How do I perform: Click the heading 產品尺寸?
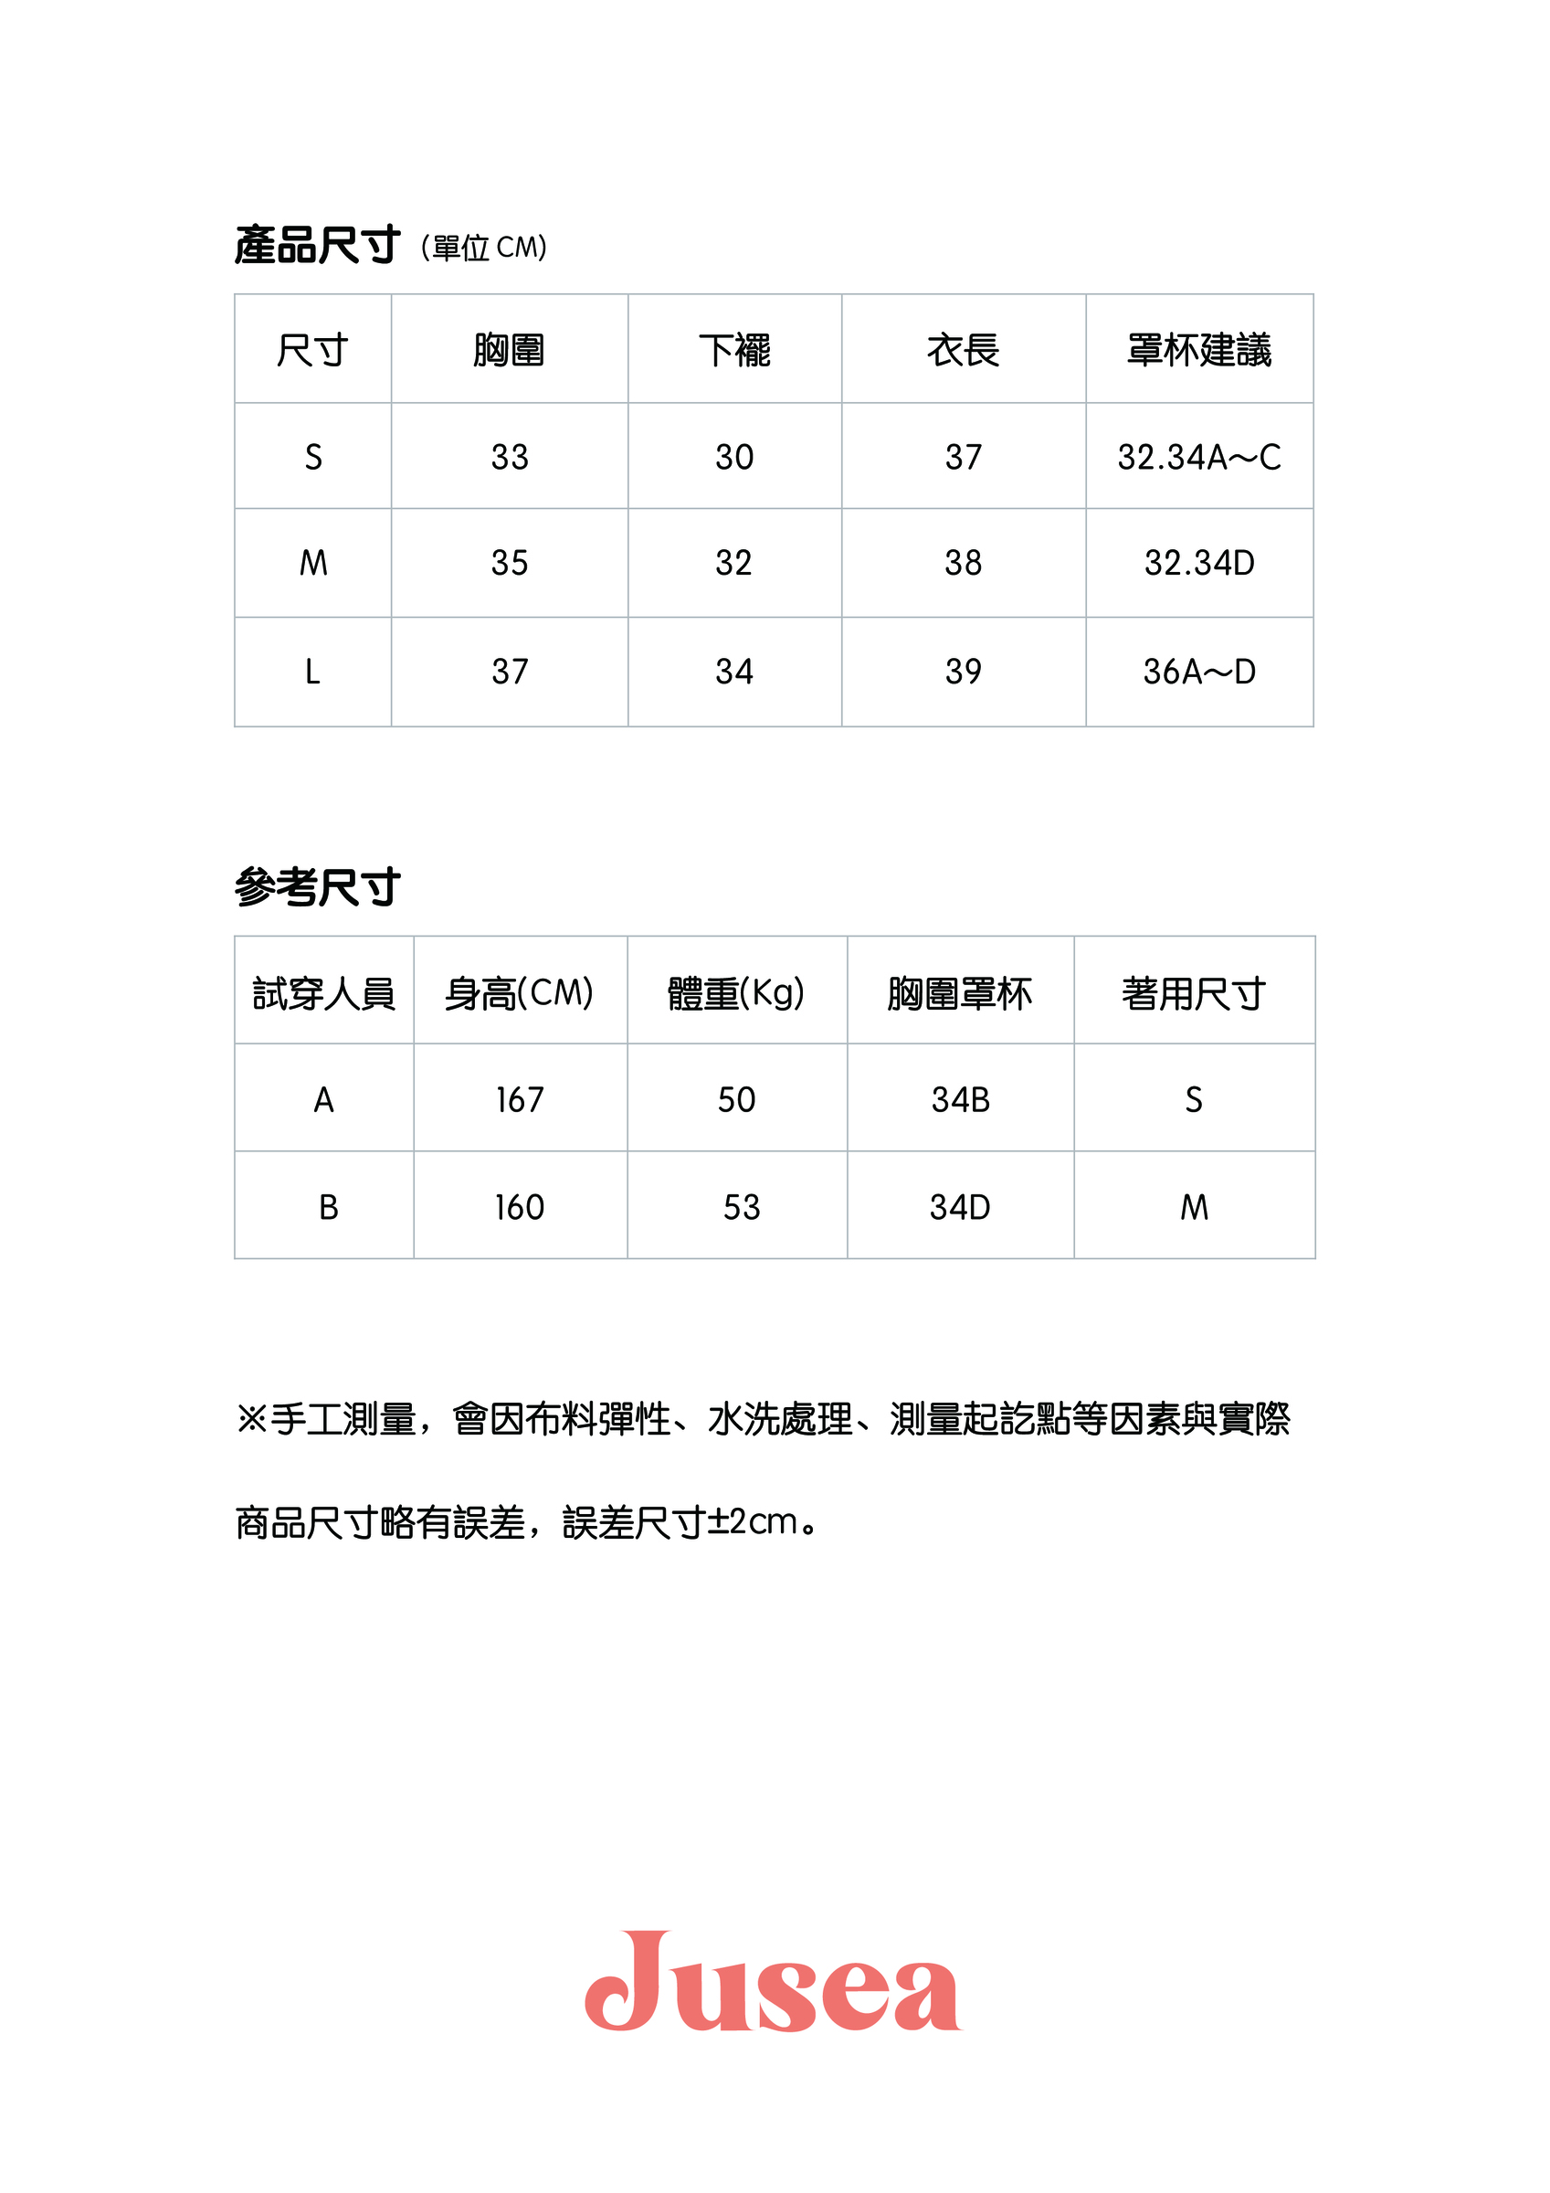317,246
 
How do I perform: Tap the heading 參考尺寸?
317,887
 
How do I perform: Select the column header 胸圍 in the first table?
509,350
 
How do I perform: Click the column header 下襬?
734,350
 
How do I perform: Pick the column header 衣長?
963,350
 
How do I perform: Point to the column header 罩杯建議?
1198,350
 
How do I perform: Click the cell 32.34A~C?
1198,458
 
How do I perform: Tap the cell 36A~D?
1198,672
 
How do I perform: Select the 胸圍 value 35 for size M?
509,563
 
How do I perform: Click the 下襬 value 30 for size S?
734,458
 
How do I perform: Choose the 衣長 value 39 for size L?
963,672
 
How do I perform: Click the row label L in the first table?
312,672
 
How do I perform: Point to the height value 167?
520,1099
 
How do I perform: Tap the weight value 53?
741,1207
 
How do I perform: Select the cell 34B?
960,1099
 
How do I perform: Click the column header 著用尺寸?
1194,993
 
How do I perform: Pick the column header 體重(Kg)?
735,993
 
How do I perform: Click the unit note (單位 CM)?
484,249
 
